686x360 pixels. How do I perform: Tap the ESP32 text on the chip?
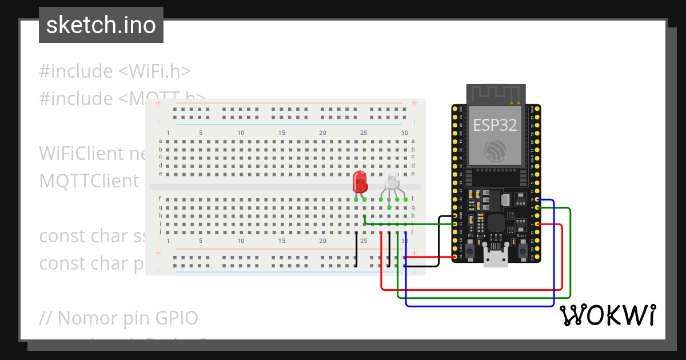coord(494,125)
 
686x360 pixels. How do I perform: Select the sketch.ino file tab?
coord(101,25)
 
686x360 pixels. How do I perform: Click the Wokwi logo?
coord(607,315)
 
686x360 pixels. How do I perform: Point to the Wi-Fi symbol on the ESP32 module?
coord(494,151)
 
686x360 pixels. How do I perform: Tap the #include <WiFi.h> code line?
coord(115,71)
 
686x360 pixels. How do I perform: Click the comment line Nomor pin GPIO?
coord(119,318)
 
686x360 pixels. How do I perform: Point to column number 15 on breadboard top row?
coord(282,133)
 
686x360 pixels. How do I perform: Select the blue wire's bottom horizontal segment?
coord(480,306)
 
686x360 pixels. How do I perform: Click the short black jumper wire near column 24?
coord(356,249)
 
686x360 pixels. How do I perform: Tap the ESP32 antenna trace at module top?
coord(495,93)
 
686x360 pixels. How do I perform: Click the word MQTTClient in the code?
coord(89,181)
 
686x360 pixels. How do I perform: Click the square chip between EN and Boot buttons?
coord(495,222)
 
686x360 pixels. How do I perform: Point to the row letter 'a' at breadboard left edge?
coord(160,141)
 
